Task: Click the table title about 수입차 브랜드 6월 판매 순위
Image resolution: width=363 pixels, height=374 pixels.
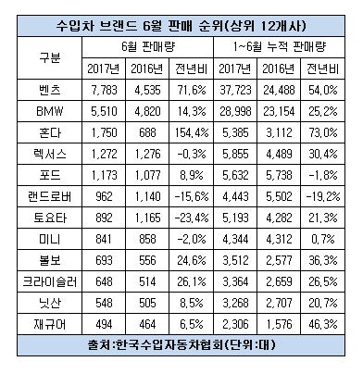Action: pos(181,17)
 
